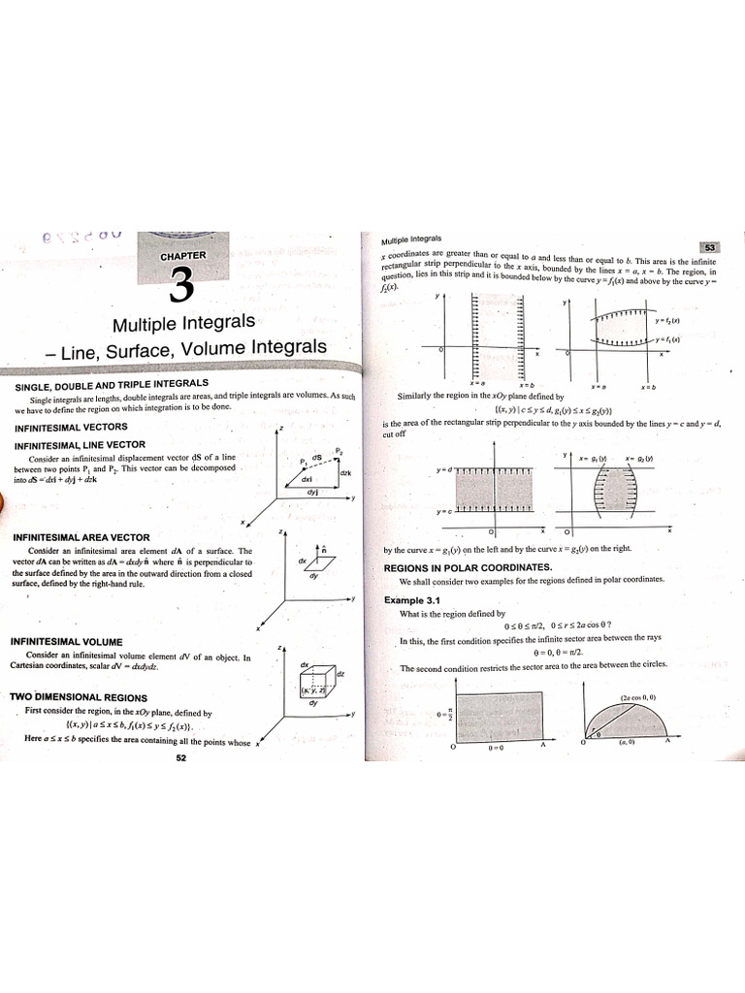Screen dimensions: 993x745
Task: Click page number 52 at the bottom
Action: tap(180, 758)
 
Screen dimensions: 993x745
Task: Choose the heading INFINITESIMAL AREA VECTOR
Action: tap(81, 536)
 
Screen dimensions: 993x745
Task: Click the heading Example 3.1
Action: tap(411, 600)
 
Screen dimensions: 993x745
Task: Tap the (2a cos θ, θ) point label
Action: tap(640, 696)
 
